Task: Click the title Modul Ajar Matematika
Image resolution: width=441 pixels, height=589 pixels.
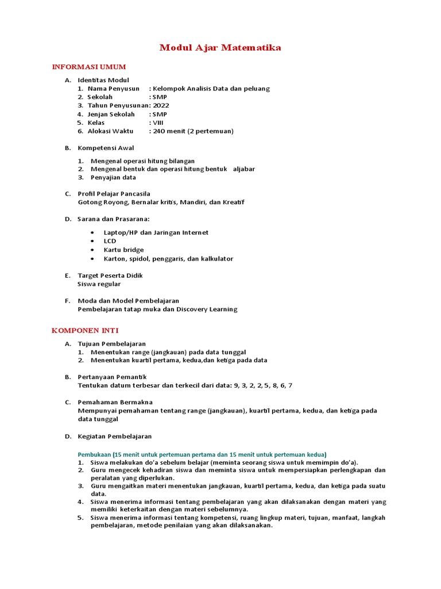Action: coord(220,48)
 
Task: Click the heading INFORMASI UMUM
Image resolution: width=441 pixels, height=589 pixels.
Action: coord(89,67)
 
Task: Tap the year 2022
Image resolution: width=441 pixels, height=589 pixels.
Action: coord(161,106)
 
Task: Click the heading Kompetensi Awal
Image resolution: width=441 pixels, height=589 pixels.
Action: coord(106,148)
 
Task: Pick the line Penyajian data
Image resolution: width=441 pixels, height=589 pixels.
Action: coord(113,178)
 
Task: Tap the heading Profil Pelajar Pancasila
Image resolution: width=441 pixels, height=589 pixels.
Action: coord(114,194)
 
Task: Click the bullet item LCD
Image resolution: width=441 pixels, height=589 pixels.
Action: coord(110,242)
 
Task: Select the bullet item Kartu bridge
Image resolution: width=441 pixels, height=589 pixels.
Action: coord(123,250)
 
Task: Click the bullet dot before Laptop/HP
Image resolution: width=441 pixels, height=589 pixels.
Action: coord(92,233)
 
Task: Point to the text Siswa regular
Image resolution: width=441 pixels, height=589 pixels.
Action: coord(99,284)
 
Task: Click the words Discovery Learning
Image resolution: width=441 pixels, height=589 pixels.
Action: coord(207,309)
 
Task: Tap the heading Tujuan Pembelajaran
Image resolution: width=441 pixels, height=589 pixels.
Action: coord(111,343)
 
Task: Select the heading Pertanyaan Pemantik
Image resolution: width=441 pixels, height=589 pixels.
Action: coord(112,377)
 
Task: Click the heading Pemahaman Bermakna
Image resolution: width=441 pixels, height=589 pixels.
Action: coord(115,402)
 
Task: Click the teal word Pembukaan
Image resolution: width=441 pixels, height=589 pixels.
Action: coord(94,454)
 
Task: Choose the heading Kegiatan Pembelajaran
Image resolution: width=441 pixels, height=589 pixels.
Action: coord(114,437)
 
